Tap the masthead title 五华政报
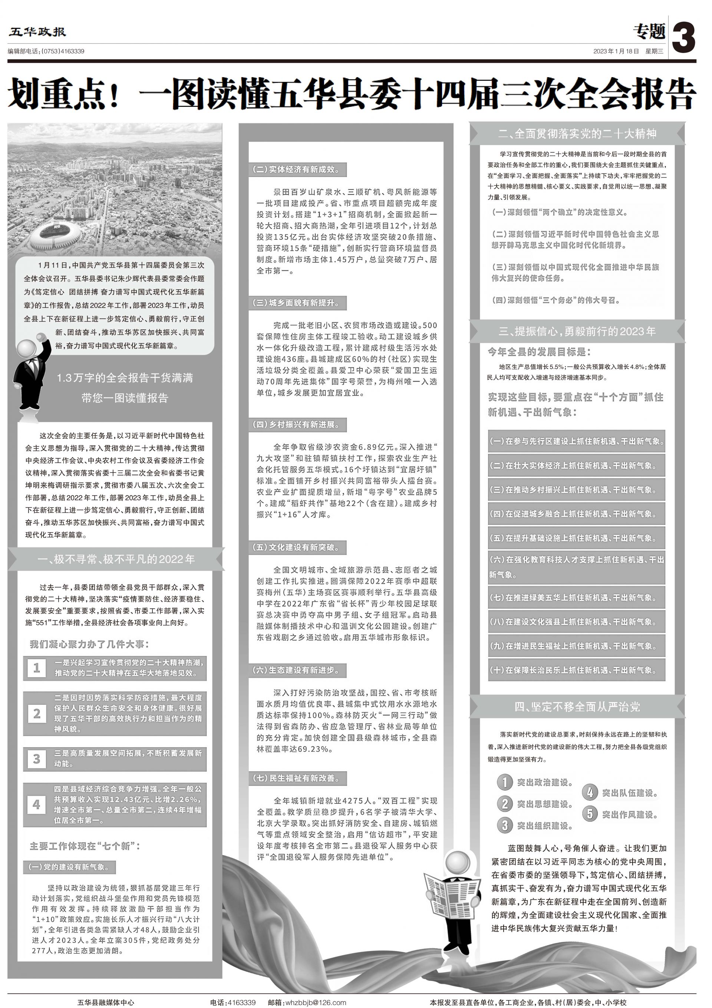coord(37,32)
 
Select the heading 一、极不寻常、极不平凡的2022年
coord(116,559)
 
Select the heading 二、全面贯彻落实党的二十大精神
coord(577,134)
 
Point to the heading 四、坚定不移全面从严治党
coord(577,706)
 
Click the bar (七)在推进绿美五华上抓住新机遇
coord(576,597)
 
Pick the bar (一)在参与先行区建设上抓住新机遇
coord(576,441)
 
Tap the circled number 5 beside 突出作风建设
coord(590,814)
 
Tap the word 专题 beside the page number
coord(649,32)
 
